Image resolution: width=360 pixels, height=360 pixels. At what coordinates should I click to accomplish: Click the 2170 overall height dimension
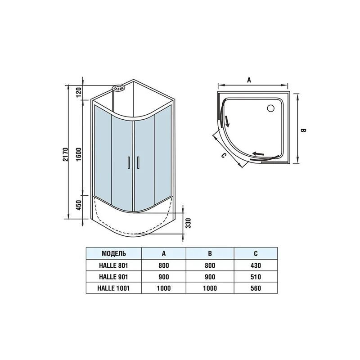[x=66, y=154]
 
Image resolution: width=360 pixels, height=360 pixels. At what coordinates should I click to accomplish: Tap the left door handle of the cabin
[x=129, y=162]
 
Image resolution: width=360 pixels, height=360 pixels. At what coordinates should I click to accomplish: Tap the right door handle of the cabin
[x=138, y=162]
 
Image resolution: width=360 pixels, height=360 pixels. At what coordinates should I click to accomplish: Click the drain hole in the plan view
[x=271, y=108]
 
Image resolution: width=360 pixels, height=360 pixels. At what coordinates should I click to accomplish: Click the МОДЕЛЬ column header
[x=111, y=253]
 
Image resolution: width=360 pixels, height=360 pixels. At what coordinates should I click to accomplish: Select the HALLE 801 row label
[x=111, y=265]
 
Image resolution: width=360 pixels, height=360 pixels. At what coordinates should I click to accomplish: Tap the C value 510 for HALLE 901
[x=256, y=276]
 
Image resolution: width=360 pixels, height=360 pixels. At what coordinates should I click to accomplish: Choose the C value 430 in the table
[x=256, y=265]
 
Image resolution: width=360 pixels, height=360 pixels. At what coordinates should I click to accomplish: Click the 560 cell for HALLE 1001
[x=256, y=288]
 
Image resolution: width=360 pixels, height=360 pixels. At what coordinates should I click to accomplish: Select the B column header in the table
[x=210, y=253]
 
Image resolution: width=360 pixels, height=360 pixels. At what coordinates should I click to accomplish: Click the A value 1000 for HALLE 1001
[x=164, y=288]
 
